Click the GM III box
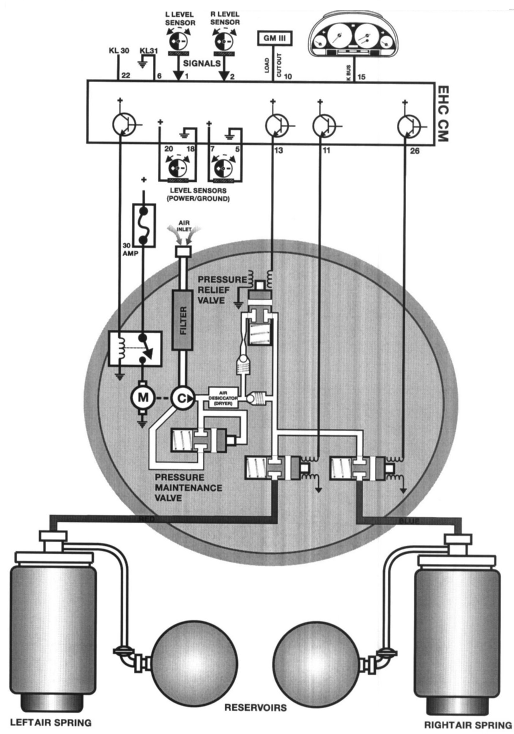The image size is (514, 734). coord(275,38)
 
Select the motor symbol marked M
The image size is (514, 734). coord(142,398)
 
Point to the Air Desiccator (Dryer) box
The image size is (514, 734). coord(223,397)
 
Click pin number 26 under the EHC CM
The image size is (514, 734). coord(415,151)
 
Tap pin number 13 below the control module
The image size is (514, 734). coord(279,150)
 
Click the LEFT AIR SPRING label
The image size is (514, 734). coord(51,722)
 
